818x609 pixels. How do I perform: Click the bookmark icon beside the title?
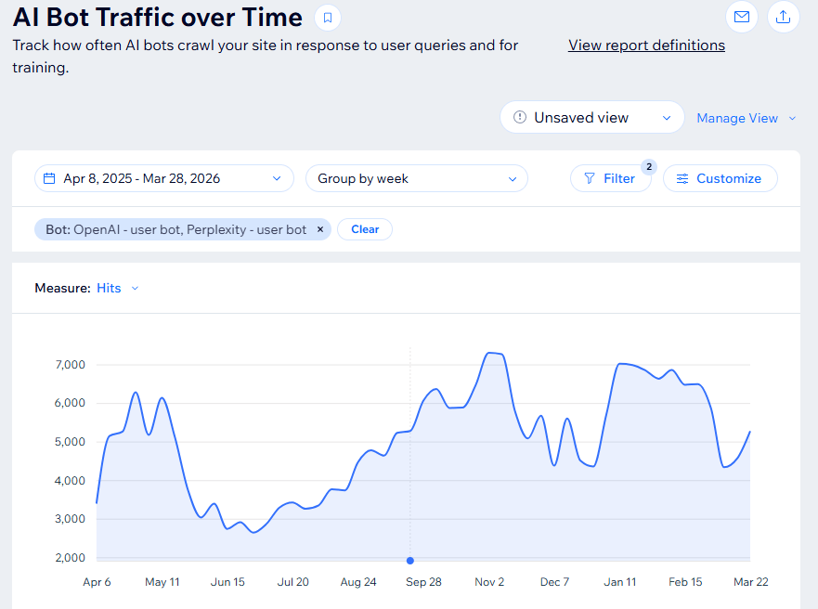[327, 18]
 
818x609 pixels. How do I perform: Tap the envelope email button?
[741, 17]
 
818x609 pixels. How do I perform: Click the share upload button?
[783, 17]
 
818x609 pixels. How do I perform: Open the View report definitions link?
[646, 45]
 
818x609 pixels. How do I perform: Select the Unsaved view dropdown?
[591, 118]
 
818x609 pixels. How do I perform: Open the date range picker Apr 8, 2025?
[163, 178]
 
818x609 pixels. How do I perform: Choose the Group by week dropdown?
[416, 178]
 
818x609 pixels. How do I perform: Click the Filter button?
[610, 178]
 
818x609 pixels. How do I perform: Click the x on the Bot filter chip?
[320, 229]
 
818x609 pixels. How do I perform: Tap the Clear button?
[365, 229]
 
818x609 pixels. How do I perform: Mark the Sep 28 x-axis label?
[423, 582]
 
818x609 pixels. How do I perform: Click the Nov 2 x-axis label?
[489, 582]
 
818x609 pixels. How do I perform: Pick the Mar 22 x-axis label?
[751, 582]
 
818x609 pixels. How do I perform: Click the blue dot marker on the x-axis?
[410, 560]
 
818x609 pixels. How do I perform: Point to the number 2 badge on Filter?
[649, 167]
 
